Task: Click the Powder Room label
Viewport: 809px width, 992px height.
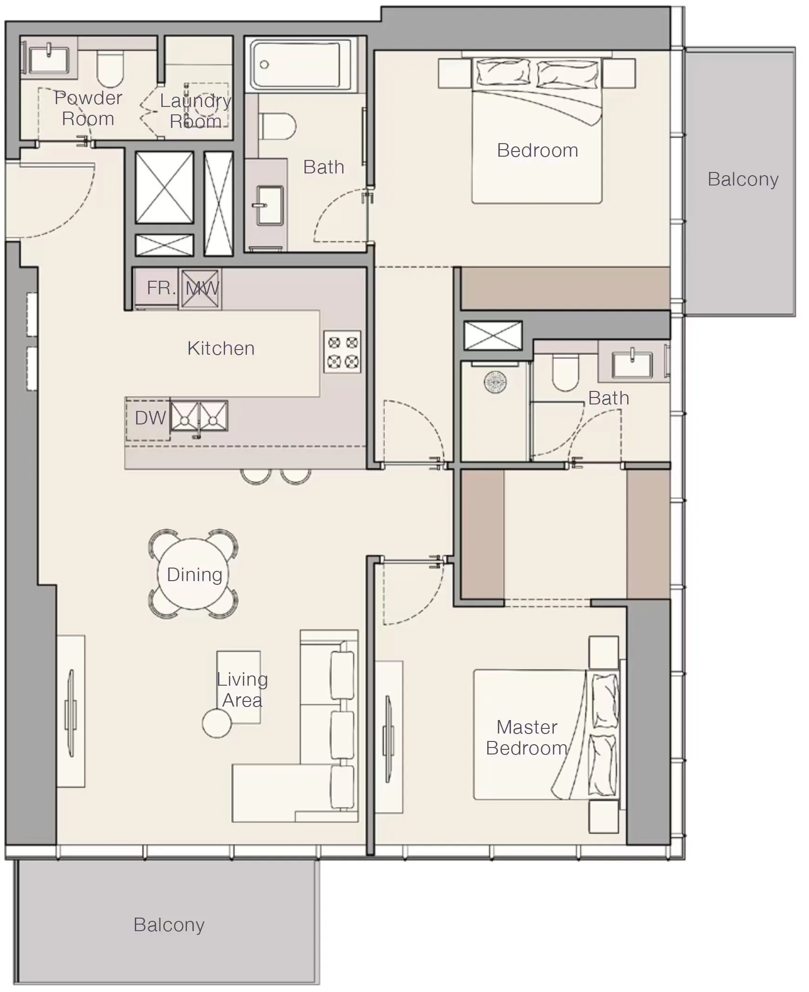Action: [88, 108]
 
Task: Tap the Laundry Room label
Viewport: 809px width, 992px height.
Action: [196, 111]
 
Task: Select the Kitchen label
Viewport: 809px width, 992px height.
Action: [221, 348]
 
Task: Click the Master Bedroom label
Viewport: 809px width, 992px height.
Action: [527, 738]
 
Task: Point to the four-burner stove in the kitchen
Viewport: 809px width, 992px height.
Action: [343, 352]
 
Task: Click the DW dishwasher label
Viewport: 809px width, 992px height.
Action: [150, 418]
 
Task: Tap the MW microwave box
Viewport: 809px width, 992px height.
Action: [200, 288]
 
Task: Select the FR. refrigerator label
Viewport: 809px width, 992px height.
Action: [161, 288]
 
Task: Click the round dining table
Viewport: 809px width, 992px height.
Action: [193, 574]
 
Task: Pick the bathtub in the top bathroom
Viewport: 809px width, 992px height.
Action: [300, 64]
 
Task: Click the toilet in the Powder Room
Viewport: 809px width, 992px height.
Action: [110, 68]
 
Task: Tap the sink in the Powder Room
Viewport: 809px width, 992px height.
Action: [48, 58]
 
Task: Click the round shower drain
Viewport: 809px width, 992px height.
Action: [495, 382]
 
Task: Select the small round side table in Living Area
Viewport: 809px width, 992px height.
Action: [217, 723]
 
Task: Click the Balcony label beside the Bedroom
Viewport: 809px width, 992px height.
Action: [743, 179]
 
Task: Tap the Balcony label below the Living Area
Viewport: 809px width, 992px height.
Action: [169, 925]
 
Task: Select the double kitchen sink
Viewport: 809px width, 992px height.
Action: [199, 416]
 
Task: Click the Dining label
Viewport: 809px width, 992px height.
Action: [194, 575]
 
